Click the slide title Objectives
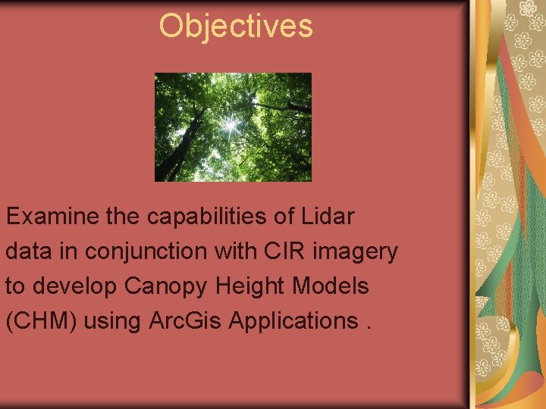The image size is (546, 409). (x=235, y=27)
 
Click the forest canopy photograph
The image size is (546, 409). (x=233, y=126)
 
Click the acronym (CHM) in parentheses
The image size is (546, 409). (x=42, y=321)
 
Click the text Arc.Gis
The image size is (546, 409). (x=185, y=321)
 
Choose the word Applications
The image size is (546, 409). (x=292, y=321)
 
